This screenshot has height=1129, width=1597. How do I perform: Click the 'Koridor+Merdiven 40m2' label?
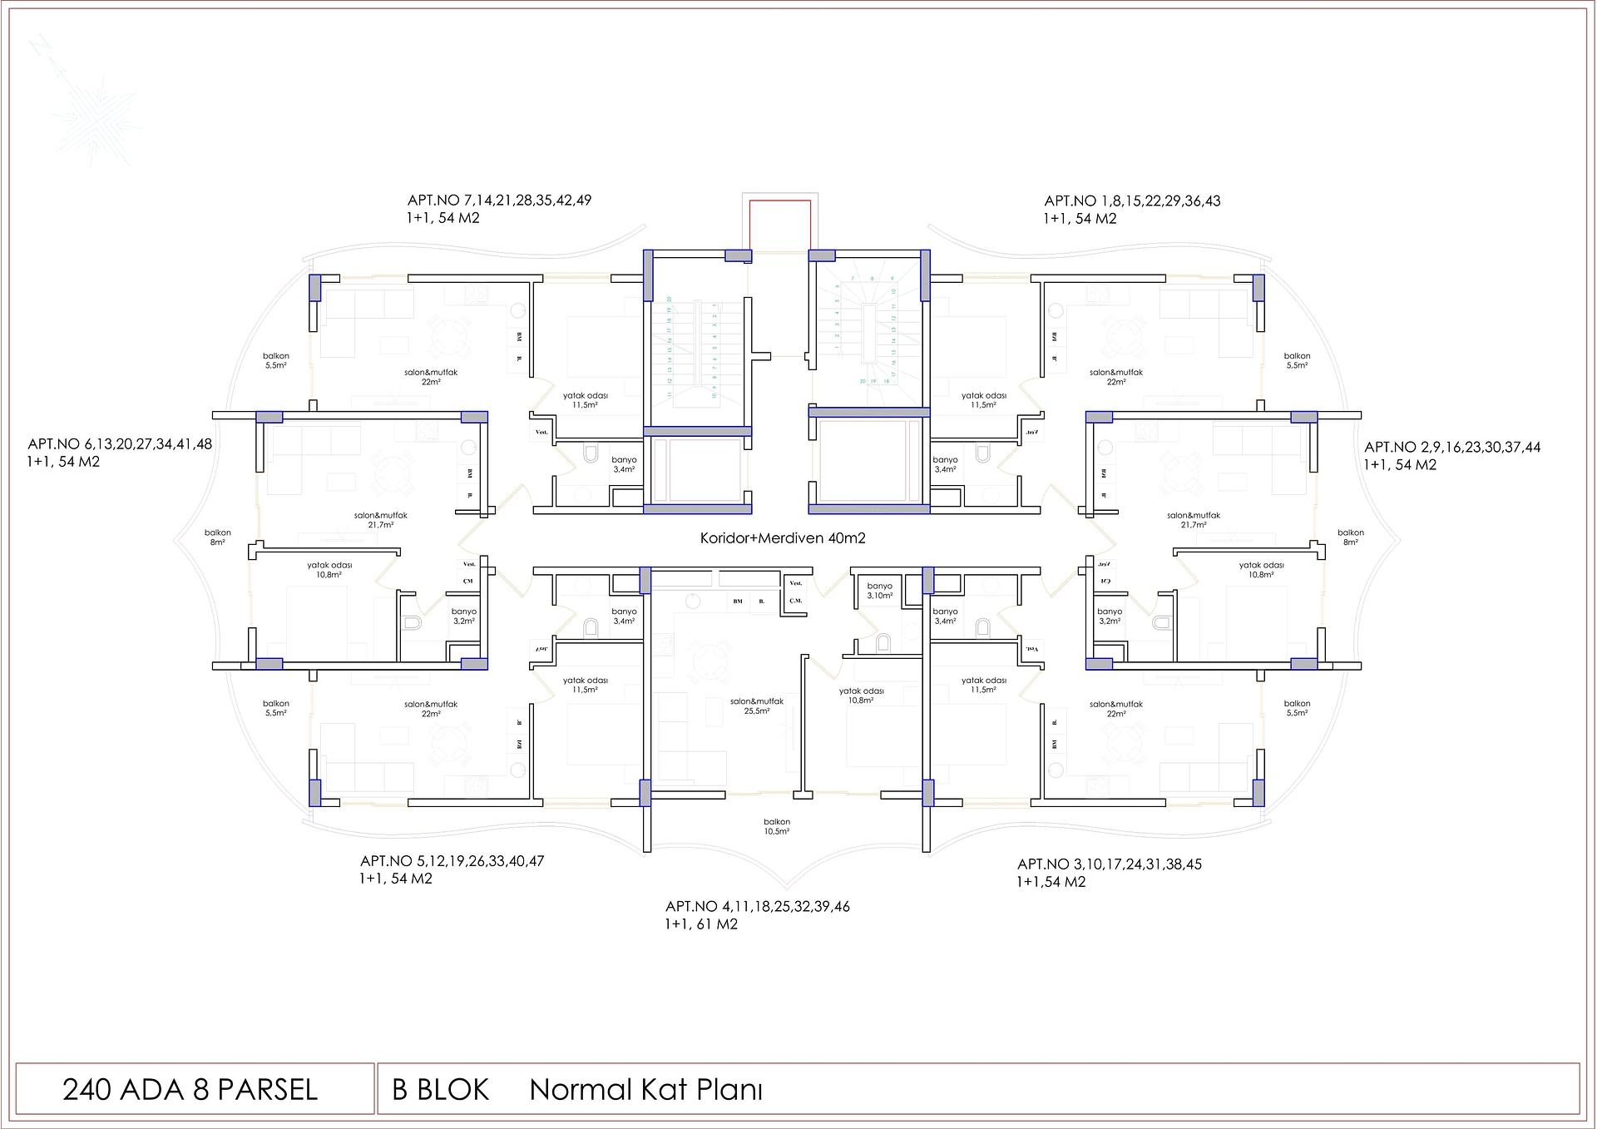coord(783,538)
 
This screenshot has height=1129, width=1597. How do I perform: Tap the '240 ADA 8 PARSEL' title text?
coord(190,1090)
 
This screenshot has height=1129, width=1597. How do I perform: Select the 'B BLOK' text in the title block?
coord(441,1090)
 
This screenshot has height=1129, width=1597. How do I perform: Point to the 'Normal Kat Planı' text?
coord(646,1090)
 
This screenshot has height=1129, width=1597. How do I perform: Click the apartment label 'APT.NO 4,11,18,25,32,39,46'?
coord(758,907)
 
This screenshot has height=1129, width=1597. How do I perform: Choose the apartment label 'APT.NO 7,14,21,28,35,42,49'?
coord(499,201)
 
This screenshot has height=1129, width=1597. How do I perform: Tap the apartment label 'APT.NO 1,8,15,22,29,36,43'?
coord(1132,201)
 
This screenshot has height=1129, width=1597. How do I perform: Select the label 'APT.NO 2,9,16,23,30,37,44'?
coord(1452,448)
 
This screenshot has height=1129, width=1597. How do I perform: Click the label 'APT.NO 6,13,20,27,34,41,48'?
coord(120,444)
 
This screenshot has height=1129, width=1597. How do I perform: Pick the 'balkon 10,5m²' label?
coord(777,826)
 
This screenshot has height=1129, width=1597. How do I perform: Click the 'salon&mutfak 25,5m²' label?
coord(757,706)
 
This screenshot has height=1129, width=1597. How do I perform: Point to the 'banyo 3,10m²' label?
coord(879,591)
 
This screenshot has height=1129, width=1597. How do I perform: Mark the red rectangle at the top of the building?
coord(779,225)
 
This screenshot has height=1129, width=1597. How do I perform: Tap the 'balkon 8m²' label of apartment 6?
coord(218,537)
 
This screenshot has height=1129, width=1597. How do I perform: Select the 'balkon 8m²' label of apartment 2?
coord(1351,537)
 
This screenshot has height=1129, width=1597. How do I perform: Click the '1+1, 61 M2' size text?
coord(701,924)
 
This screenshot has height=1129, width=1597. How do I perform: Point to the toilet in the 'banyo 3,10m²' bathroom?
coord(883,641)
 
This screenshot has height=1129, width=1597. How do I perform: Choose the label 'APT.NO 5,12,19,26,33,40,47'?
coord(452,861)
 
